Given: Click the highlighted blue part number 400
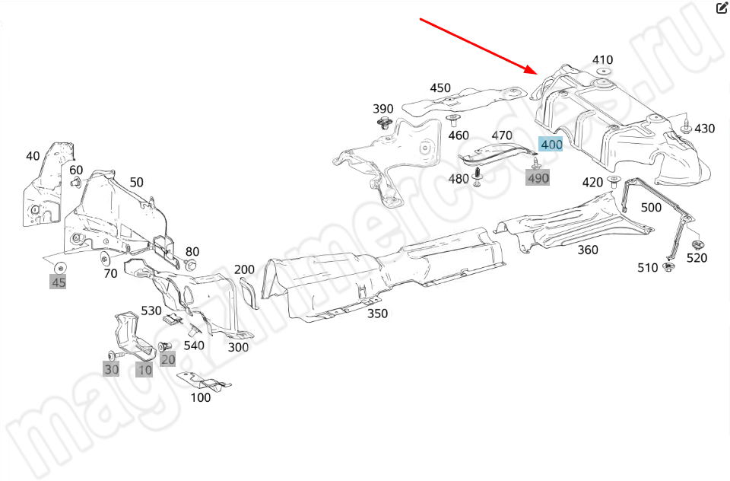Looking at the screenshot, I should point(551,145).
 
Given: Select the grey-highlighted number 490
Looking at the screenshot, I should point(538,178).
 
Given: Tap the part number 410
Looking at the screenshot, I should point(602,60).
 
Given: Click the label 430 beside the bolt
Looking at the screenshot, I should point(704,129).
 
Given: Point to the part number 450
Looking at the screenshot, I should point(440,88).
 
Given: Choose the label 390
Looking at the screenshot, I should point(382,109).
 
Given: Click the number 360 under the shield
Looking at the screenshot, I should point(587,250).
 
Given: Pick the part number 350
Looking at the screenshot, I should point(377,314).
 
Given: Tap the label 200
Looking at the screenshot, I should point(244,269).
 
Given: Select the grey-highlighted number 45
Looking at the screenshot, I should point(59,283).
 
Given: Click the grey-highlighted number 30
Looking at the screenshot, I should point(112,370).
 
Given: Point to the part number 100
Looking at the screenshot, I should point(201,397).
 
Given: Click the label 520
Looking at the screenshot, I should point(697,258).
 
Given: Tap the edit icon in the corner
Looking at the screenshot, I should point(722,8).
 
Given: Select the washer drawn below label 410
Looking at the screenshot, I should point(603,72).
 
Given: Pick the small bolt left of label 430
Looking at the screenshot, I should point(685,126).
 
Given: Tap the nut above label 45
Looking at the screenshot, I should point(59,267).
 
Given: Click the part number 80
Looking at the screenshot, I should point(192,252).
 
